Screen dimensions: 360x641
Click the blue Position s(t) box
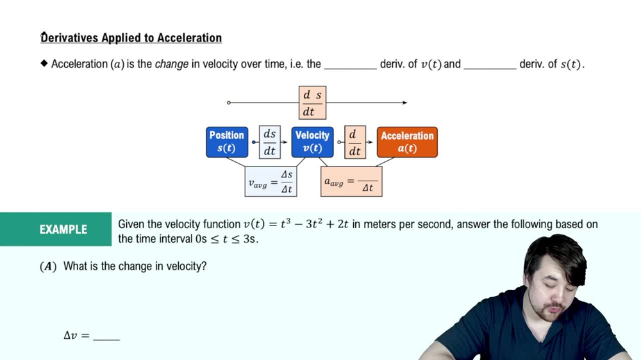click(227, 142)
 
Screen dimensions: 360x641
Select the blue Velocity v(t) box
click(312, 142)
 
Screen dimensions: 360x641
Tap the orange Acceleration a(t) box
click(407, 142)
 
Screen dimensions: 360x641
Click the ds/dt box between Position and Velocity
click(270, 142)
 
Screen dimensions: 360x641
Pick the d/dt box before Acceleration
click(354, 142)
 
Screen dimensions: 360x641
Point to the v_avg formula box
click(271, 182)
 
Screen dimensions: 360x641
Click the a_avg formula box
click(351, 182)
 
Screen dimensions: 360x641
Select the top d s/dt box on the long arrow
click(312, 102)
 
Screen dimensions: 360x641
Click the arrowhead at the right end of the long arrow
click(404, 102)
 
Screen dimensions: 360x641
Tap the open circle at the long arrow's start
click(229, 102)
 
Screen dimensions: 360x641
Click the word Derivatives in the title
click(69, 38)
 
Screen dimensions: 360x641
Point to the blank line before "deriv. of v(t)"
click(350, 66)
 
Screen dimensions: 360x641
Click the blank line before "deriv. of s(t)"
click(490, 66)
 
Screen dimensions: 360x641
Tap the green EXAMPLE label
click(63, 229)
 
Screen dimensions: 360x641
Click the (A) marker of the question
click(48, 266)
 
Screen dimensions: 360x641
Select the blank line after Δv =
click(106, 338)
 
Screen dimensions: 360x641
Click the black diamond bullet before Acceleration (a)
click(44, 63)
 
